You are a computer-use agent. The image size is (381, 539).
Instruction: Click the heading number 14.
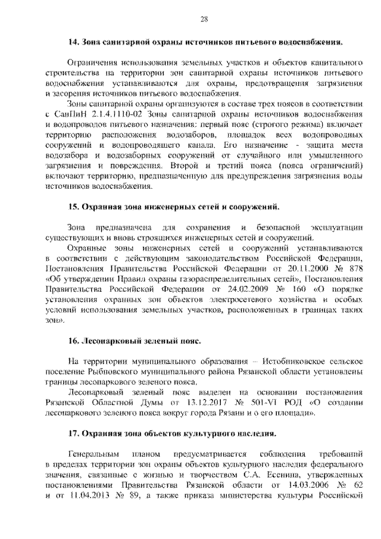[73, 43]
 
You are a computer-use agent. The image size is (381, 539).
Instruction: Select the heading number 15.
[73, 206]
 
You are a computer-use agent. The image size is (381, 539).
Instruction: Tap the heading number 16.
[73, 342]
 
